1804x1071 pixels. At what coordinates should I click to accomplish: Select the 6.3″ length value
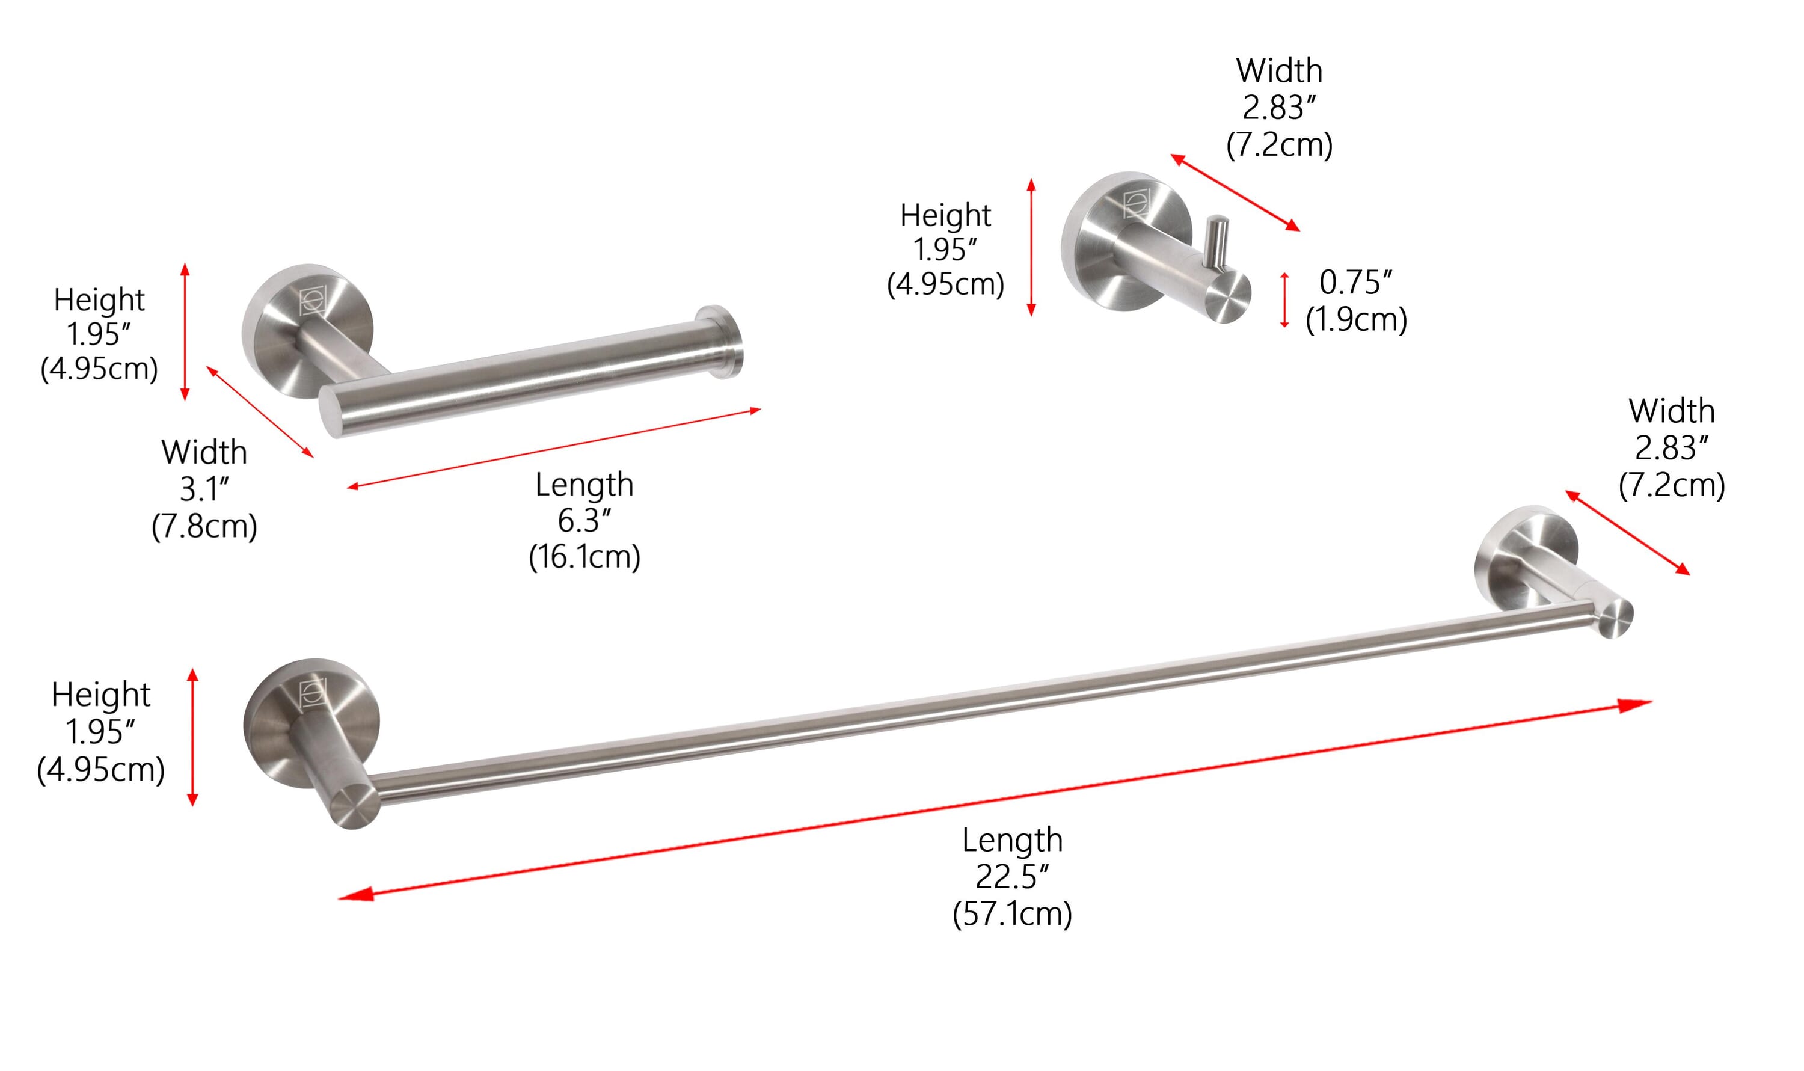pos(584,520)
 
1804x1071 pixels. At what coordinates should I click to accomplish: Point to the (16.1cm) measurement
pos(584,557)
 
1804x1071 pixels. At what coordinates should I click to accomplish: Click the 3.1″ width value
pos(204,490)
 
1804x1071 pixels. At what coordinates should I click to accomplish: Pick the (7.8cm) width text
pos(204,526)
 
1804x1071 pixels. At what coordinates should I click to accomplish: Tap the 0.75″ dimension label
pos(1356,283)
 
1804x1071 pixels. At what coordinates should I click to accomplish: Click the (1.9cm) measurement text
pos(1356,319)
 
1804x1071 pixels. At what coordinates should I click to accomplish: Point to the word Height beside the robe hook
pos(945,215)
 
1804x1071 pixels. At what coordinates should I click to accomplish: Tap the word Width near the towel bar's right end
pos(1671,411)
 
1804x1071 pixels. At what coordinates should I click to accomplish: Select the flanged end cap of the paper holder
pos(719,342)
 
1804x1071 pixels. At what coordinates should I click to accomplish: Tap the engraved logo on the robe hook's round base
pos(1137,203)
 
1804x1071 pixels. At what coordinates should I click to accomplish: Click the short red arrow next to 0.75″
pos(1284,300)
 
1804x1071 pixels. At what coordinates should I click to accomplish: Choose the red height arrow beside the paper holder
pos(185,331)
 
